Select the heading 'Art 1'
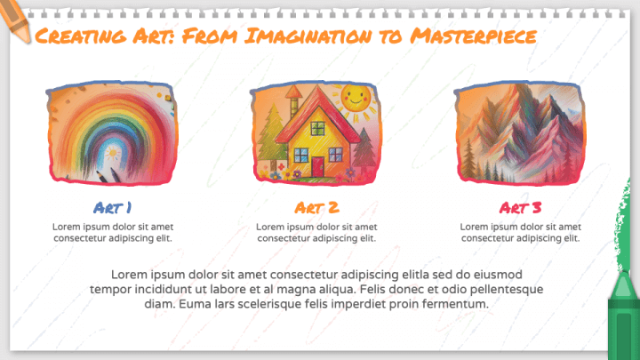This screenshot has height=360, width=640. (113, 208)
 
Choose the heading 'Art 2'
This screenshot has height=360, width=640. (316, 208)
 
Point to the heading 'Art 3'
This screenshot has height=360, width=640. (520, 208)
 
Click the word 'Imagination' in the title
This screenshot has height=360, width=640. (312, 36)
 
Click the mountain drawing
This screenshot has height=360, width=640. (520, 133)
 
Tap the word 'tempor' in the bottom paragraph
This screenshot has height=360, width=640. (109, 291)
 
